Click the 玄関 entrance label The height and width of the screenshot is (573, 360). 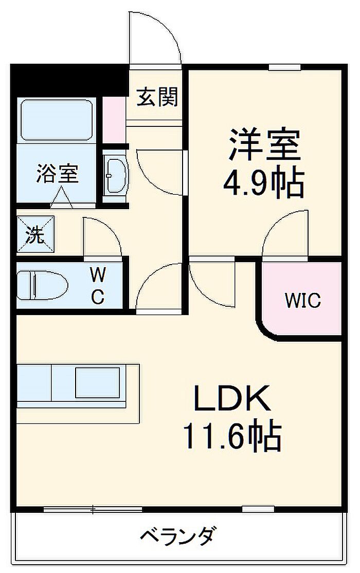point(157,97)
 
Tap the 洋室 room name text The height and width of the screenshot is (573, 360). point(264,145)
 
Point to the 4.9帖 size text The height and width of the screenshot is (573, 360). point(263,182)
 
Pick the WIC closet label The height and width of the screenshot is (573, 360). point(302,301)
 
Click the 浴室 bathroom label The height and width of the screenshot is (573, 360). point(58,174)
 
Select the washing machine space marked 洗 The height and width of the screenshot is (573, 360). point(35,234)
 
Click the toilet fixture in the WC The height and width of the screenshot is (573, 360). point(43,285)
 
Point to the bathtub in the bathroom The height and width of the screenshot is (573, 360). point(57,120)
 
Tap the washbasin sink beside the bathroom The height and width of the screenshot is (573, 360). point(115,176)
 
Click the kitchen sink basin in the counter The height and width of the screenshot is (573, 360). point(97,382)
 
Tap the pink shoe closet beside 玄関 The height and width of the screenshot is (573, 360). point(114,120)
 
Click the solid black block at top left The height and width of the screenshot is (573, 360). point(69,80)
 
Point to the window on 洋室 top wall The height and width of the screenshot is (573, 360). point(284,67)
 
